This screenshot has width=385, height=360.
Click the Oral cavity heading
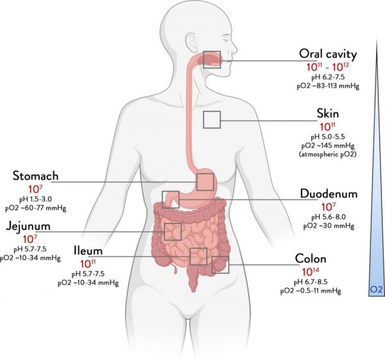pos(328,54)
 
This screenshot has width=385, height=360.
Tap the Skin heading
pos(328,114)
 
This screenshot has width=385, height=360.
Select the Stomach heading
pos(35,176)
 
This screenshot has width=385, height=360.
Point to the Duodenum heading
pos(329,194)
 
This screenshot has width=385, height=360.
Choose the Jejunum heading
pos(28,227)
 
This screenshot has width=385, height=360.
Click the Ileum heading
pos(88,251)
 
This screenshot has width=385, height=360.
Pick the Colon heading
pos(311,259)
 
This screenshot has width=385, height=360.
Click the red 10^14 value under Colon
pos(311,271)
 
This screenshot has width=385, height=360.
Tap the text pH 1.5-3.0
pos(35,199)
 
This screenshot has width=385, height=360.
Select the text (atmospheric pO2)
pos(327,155)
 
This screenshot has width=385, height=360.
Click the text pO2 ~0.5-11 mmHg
pos(311,291)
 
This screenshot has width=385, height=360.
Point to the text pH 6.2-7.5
pos(328,78)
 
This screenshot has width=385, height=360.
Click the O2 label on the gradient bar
pos(376,290)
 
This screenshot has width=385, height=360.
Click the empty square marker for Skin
pos(212,112)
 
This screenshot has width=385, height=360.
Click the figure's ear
pos(191,42)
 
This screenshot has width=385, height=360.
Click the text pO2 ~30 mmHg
pos(329,226)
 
